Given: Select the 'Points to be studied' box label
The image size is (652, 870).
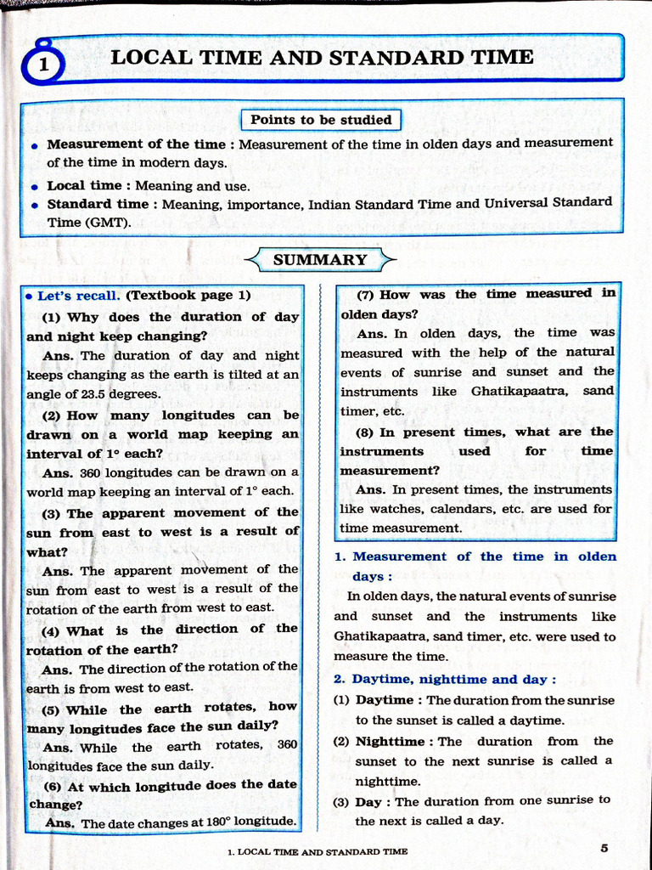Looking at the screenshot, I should pyautogui.click(x=321, y=120).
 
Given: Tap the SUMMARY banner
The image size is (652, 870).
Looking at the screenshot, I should pyautogui.click(x=320, y=259).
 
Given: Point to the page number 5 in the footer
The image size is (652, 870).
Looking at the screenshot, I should pyautogui.click(x=604, y=847).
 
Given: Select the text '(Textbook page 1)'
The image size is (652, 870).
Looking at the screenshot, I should pyautogui.click(x=188, y=296).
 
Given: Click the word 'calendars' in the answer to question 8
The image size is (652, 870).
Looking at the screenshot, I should pyautogui.click(x=474, y=509).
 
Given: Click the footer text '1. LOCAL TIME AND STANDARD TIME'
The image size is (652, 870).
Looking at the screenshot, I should pyautogui.click(x=317, y=850).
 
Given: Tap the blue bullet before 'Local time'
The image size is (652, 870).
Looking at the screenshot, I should pyautogui.click(x=34, y=186).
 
